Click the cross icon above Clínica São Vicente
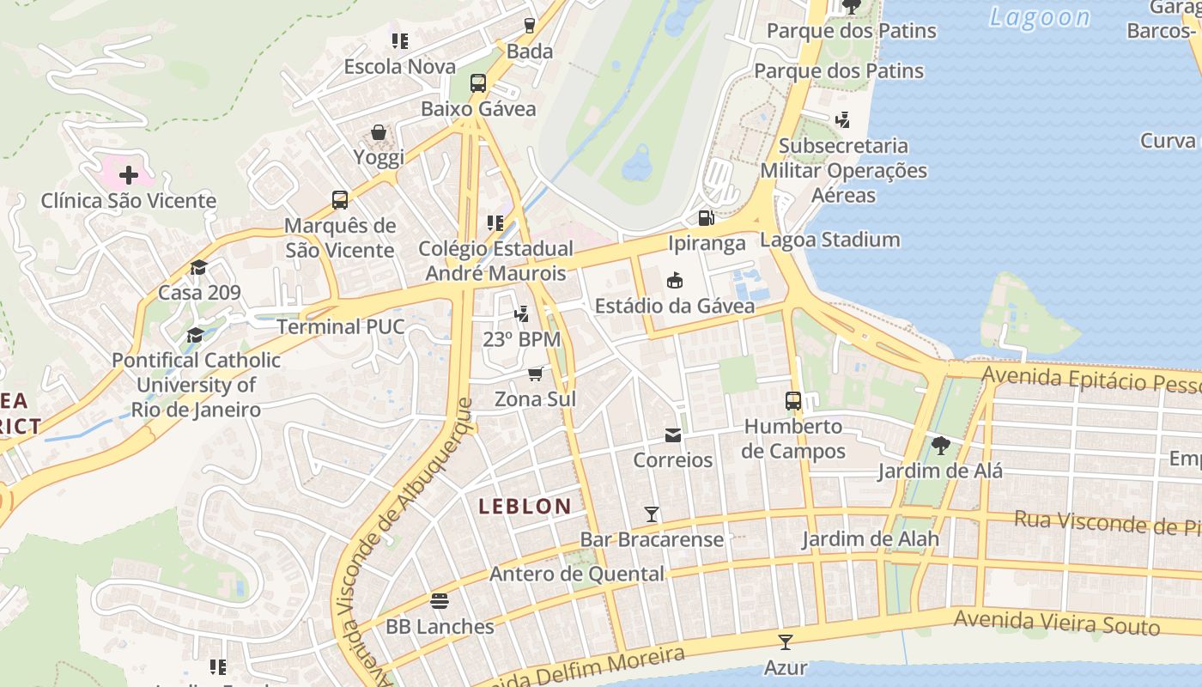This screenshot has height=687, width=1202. [129, 176]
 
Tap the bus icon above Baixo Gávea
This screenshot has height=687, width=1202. [478, 83]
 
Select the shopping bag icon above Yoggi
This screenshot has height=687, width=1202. [379, 132]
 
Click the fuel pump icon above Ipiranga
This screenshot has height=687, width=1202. [706, 218]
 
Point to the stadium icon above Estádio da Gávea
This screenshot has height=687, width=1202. [675, 280]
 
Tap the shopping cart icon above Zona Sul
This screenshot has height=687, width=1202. [536, 374]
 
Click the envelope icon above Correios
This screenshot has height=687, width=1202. [673, 435]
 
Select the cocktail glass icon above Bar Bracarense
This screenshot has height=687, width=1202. [652, 514]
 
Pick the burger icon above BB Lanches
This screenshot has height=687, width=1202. [440, 600]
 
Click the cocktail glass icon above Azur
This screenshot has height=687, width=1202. [785, 641]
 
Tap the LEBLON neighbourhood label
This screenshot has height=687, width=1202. [525, 507]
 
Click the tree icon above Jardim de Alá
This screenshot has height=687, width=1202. [940, 445]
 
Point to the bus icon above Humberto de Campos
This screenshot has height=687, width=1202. [793, 400]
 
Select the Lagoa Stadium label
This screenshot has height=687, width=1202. [830, 240]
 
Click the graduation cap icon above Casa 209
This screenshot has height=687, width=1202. [199, 267]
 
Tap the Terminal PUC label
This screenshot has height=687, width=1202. [341, 326]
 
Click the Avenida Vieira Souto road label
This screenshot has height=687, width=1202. [1057, 622]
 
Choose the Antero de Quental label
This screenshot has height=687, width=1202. [577, 574]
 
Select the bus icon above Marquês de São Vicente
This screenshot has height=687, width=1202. [340, 200]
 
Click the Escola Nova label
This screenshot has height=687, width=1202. [400, 66]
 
